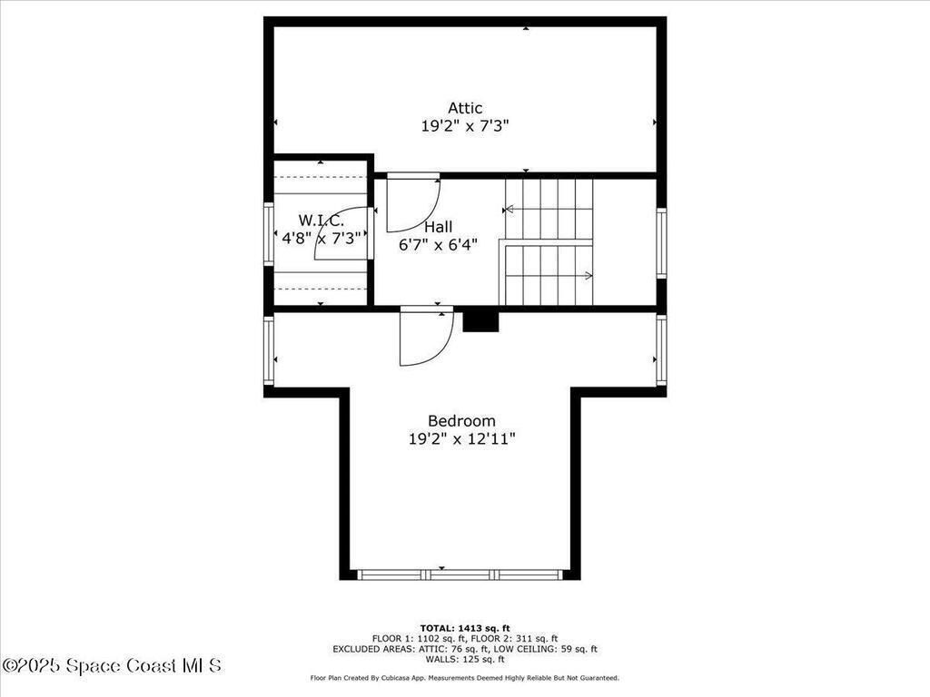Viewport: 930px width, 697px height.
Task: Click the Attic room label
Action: (x=465, y=108)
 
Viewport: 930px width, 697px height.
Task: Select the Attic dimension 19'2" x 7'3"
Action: (x=465, y=127)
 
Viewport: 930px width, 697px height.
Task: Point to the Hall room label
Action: (x=438, y=226)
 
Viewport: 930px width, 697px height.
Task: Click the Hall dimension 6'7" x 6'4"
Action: (x=438, y=244)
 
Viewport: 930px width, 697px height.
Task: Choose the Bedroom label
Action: (x=461, y=421)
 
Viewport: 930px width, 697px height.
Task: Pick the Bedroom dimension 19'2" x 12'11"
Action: (x=461, y=439)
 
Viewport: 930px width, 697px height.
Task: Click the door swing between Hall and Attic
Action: (x=411, y=203)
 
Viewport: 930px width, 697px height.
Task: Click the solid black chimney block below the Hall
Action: (x=480, y=320)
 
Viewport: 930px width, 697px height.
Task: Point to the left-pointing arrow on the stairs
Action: (x=510, y=209)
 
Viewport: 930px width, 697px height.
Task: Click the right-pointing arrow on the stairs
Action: (x=588, y=275)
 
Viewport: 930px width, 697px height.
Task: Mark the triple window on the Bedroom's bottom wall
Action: (x=460, y=574)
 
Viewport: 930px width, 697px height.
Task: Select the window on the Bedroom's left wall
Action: (x=269, y=350)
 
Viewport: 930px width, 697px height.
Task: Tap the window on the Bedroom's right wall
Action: (x=661, y=350)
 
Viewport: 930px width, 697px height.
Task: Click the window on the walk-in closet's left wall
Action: (x=269, y=233)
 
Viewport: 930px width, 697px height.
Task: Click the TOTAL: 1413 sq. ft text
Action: (x=464, y=628)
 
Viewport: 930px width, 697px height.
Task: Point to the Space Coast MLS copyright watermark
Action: (x=111, y=666)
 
